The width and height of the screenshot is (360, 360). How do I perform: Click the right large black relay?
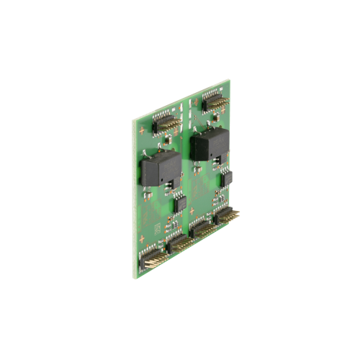(x=208, y=146)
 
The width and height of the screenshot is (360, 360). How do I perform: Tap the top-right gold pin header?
(x=214, y=103)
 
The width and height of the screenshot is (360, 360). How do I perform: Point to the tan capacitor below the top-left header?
(x=167, y=140)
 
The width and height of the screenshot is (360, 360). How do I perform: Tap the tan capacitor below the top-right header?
(x=214, y=120)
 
